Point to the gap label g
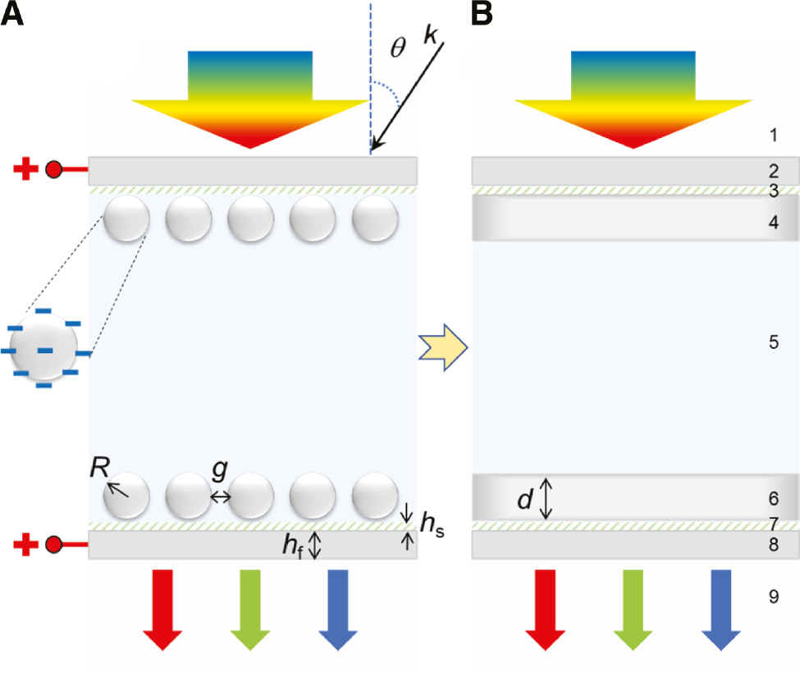coord(219,470)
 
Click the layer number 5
coord(773,342)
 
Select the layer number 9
coord(773,598)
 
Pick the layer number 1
coord(773,134)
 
